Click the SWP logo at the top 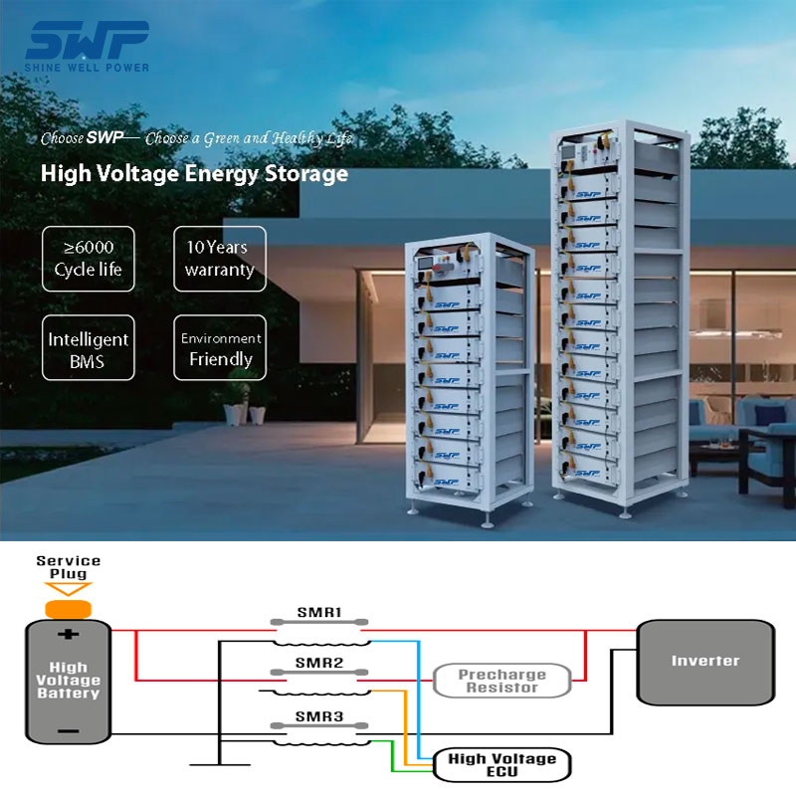(88, 46)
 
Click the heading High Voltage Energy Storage (194, 173)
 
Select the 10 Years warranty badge (219, 259)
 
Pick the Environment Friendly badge (220, 349)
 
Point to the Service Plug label (68, 567)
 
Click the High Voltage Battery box (68, 682)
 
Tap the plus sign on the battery (68, 635)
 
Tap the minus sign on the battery (68, 731)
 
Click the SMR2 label (318, 663)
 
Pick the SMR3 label (318, 716)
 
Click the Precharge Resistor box (502, 681)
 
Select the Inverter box (704, 661)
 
